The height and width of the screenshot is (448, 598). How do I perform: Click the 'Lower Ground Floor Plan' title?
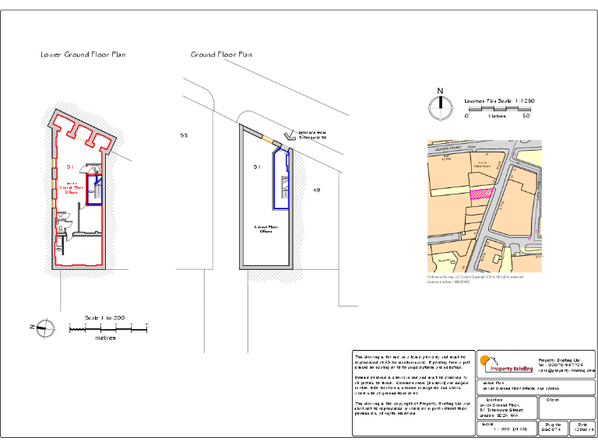(x=83, y=55)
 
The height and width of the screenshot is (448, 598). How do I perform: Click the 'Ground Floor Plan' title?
(x=221, y=55)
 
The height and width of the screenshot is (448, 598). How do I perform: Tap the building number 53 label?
(x=184, y=135)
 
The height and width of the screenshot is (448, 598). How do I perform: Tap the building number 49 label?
(x=316, y=190)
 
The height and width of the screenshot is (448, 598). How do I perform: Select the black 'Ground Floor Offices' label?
(x=266, y=229)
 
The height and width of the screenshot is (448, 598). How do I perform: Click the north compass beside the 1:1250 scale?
(x=440, y=108)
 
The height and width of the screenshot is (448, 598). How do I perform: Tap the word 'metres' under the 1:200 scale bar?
(x=106, y=338)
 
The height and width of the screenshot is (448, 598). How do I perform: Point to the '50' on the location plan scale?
(x=526, y=116)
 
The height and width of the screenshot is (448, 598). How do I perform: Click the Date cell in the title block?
(x=582, y=428)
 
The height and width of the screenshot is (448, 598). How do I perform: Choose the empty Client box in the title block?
(x=569, y=408)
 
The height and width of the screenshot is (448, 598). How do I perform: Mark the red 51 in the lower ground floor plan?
(x=69, y=167)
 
